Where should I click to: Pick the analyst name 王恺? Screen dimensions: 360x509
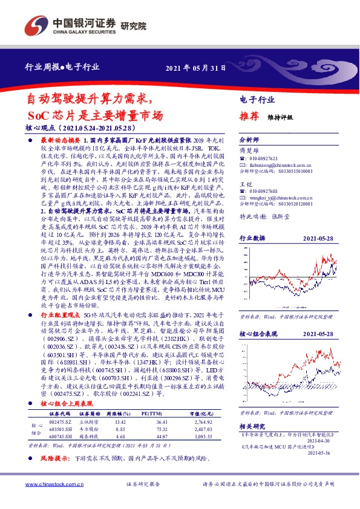click(x=244, y=183)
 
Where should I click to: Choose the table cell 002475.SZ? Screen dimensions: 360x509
click(x=60, y=421)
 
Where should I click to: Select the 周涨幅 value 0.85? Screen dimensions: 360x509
click(x=119, y=429)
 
